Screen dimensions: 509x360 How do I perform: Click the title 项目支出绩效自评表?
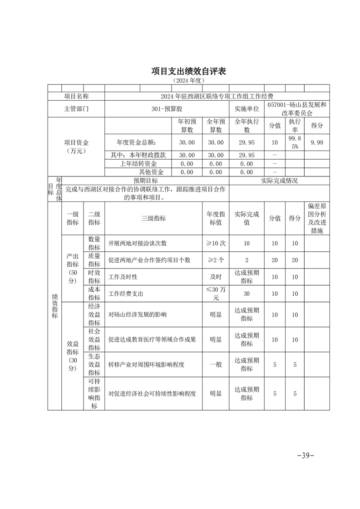pos(188,71)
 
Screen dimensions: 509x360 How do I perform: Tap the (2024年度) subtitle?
pos(188,80)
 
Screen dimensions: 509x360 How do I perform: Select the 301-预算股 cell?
pos(167,109)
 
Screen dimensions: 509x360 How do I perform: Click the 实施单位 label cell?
pos(247,109)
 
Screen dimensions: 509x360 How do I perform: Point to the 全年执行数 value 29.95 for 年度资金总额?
pos(247,142)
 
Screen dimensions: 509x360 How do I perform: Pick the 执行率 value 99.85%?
pos(295,142)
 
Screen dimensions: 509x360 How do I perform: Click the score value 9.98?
pos(317,142)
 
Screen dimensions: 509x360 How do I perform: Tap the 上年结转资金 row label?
pos(138,164)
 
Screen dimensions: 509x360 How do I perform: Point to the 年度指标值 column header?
pos(216,218)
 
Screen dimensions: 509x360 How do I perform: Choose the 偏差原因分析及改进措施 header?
pos(317,218)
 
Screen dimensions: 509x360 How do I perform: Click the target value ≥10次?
pos(216,244)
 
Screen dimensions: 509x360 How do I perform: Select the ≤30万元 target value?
pos(216,294)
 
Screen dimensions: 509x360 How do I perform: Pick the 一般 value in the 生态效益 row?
pos(216,364)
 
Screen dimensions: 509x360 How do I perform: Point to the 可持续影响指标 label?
pos(94,394)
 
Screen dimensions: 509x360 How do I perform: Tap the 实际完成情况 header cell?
pos(279,181)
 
